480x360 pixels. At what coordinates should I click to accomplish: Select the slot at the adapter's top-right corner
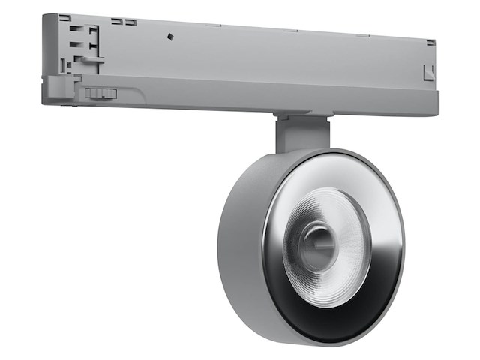(430, 42)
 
